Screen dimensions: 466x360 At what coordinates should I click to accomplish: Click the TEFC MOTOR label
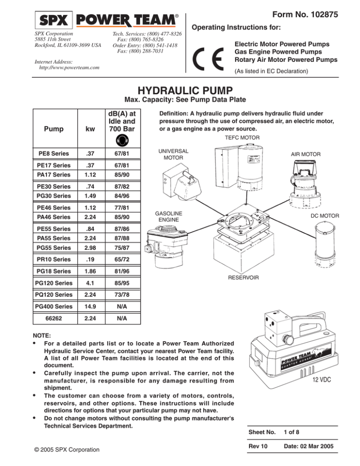tap(240, 138)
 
